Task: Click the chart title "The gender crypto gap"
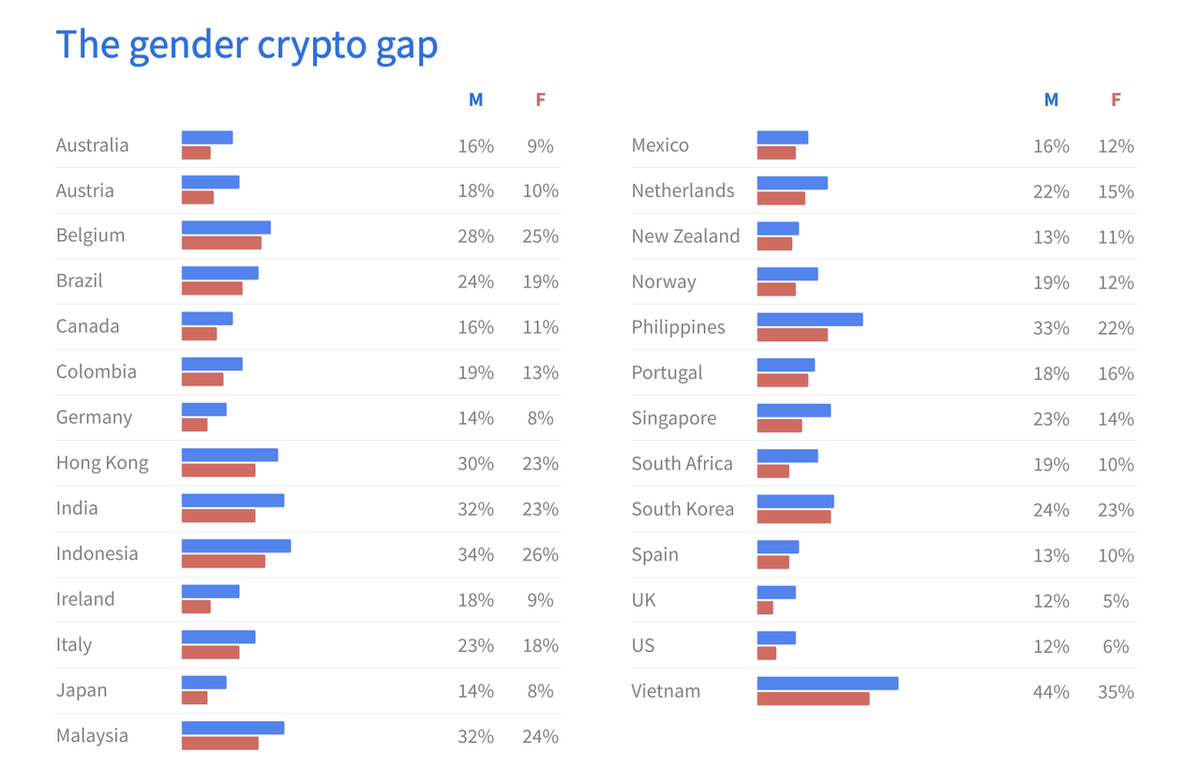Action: (247, 44)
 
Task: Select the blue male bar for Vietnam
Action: (827, 684)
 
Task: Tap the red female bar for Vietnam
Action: (813, 699)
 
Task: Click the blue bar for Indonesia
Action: (235, 546)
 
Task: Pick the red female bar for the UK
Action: (765, 608)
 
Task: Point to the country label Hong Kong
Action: (102, 462)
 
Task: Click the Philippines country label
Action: (678, 327)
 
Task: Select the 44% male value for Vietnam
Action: (1051, 692)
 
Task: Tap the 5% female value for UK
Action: (1116, 601)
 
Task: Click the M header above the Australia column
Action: (475, 99)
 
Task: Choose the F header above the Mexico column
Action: (1116, 99)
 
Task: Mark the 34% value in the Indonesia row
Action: (475, 554)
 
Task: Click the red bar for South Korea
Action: (793, 517)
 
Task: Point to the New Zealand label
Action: (685, 236)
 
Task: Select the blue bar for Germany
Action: (203, 410)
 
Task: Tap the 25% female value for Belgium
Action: (540, 236)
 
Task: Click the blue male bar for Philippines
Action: (809, 320)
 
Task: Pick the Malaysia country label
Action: (92, 735)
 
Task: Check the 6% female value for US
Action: (1116, 646)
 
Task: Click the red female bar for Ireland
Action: (196, 607)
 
